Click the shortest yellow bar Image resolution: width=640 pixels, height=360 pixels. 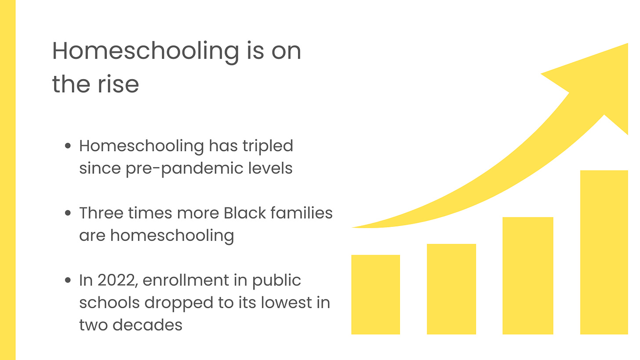pos(375,294)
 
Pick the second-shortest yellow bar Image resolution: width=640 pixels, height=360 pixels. pos(451,289)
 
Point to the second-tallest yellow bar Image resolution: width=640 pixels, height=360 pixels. pos(527,275)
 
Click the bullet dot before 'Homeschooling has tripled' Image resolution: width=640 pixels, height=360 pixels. pos(68,146)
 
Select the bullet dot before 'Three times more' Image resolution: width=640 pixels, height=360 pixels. pos(68,213)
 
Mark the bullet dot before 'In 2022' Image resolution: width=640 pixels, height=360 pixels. pos(68,280)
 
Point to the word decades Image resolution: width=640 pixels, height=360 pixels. pos(147,325)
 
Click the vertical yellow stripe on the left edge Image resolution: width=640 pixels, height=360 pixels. pos(7,180)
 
